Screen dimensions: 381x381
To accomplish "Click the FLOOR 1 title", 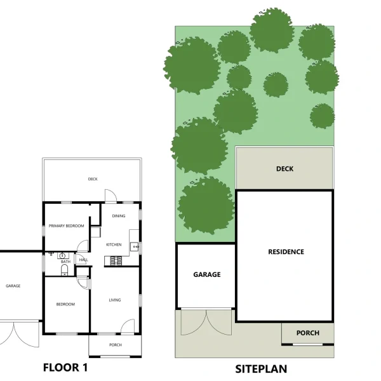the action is tap(65, 368).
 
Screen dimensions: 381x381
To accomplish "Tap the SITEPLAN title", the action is tap(261, 369).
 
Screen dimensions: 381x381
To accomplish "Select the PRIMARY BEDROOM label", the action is tap(66, 225).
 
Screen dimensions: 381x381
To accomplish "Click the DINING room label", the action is tap(119, 216).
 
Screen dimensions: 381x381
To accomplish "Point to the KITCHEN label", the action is tap(114, 244).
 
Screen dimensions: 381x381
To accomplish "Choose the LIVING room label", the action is tap(115, 300).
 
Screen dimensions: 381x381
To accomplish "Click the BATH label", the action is tap(65, 262).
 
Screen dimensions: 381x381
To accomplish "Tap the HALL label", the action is tap(83, 260).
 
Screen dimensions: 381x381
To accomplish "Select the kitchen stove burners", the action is tap(116, 261).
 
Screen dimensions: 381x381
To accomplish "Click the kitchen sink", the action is tap(135, 246).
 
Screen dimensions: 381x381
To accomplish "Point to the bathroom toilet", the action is tap(64, 271).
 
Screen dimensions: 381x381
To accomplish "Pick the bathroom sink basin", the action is tap(62, 256).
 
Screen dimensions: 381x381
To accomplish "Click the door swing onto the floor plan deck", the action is tap(110, 196).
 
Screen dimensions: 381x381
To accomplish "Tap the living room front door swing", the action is tap(128, 326).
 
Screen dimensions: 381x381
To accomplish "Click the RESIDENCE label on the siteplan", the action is tap(286, 251).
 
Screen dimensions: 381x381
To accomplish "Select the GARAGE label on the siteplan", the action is tap(207, 274).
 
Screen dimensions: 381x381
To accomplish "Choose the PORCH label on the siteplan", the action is tap(307, 333).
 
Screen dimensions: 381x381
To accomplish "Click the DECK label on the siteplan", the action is tap(284, 169).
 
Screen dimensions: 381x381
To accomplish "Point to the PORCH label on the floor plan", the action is tap(116, 345).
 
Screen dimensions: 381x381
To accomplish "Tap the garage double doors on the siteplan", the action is tap(206, 322).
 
